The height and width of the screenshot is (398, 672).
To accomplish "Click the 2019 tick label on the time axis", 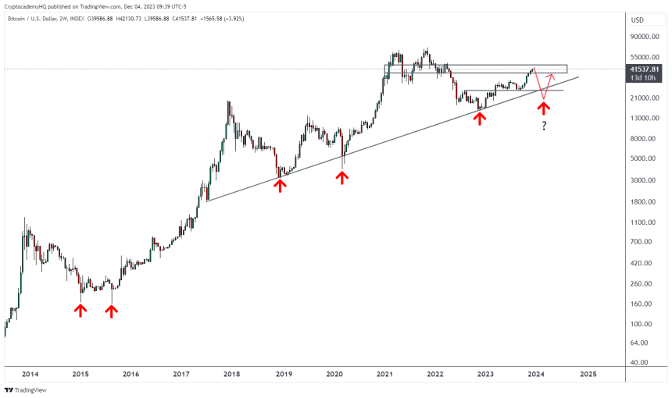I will coord(283,375).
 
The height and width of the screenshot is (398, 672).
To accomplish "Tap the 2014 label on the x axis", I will coord(30,375).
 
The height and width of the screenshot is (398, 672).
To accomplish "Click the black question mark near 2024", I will coord(543,126).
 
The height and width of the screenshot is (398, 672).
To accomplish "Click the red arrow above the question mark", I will coord(543,105).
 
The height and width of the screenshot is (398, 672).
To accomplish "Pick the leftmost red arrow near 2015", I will coord(80,311).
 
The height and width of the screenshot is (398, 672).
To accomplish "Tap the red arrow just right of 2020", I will coord(341,177).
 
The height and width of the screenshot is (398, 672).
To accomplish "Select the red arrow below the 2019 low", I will coord(280,185).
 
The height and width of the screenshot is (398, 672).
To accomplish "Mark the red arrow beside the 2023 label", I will coord(480,117).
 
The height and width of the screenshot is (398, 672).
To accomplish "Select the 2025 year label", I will coord(588,375).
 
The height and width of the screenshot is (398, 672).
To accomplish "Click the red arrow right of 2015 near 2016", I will coord(112,311).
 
